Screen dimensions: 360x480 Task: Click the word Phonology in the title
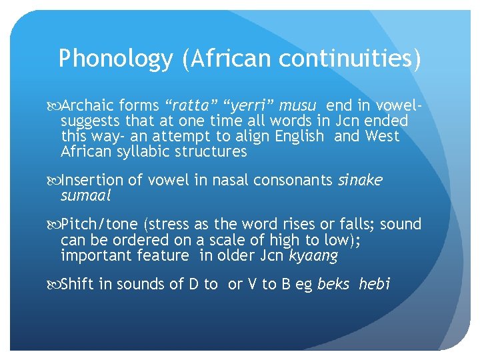tap(115, 60)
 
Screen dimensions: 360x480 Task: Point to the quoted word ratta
tap(193, 105)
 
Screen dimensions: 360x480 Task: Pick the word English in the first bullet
tap(299, 136)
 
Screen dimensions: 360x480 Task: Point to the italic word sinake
tap(360, 180)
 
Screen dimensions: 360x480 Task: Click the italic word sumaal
tap(85, 195)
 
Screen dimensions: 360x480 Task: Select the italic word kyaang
tap(315, 255)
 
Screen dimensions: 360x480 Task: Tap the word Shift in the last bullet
tap(77, 285)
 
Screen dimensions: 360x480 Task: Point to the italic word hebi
tap(374, 285)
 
